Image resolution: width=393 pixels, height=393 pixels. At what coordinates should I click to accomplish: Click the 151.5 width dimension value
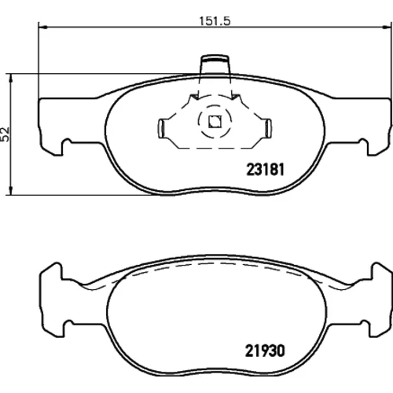tap(215, 21)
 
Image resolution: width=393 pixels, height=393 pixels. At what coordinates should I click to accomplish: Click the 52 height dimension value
tap(5, 134)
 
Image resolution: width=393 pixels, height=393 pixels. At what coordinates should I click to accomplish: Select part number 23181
tap(265, 170)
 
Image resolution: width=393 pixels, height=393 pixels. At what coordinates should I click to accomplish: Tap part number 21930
tap(265, 351)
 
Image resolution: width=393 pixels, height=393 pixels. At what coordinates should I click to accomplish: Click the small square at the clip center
tap(215, 122)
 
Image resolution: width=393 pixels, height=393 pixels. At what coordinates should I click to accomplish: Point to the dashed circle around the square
tap(215, 105)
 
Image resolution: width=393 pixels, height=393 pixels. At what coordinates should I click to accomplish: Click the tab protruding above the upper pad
tap(215, 64)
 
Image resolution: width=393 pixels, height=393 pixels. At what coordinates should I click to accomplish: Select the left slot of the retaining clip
tap(162, 128)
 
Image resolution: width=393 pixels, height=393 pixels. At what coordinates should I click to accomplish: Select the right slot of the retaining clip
tap(268, 128)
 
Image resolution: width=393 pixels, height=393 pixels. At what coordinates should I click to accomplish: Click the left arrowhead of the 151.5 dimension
tap(42, 27)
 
